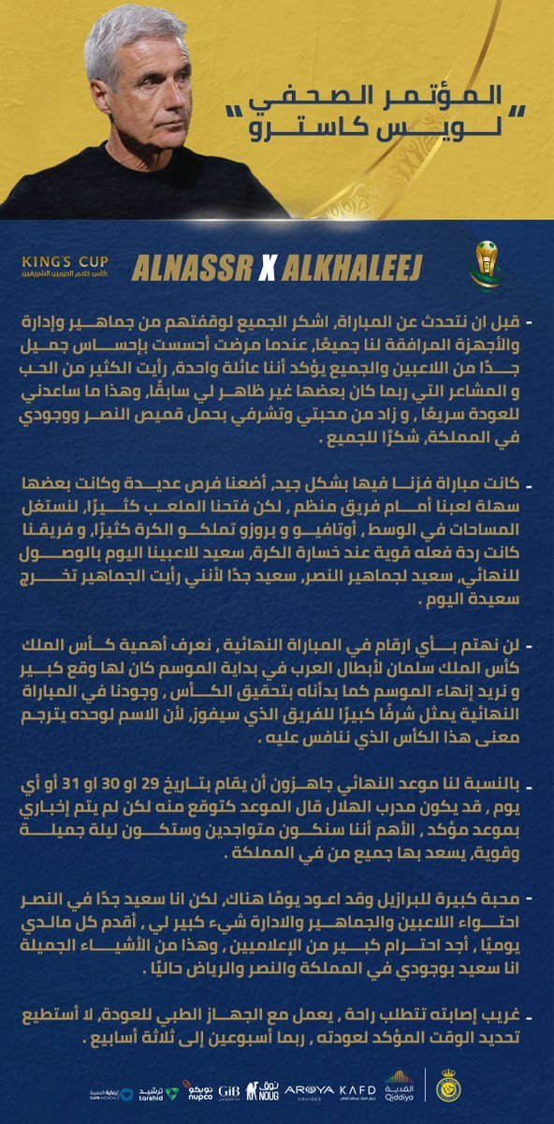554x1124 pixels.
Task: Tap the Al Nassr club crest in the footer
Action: coord(448,1087)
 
